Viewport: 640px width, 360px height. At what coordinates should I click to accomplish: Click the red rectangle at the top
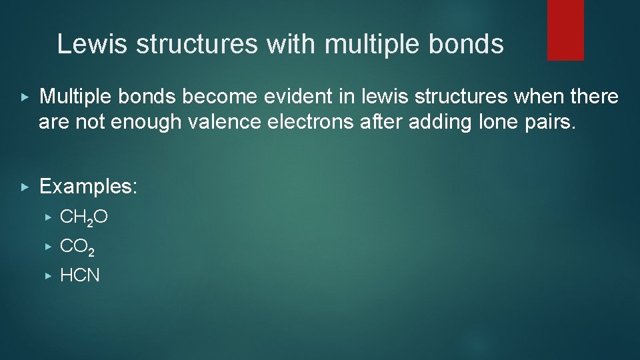(565, 29)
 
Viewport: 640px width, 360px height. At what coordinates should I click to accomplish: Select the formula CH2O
(84, 217)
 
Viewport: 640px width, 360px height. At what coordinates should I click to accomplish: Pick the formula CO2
(77, 247)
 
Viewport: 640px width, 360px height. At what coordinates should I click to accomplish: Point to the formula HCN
(80, 275)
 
